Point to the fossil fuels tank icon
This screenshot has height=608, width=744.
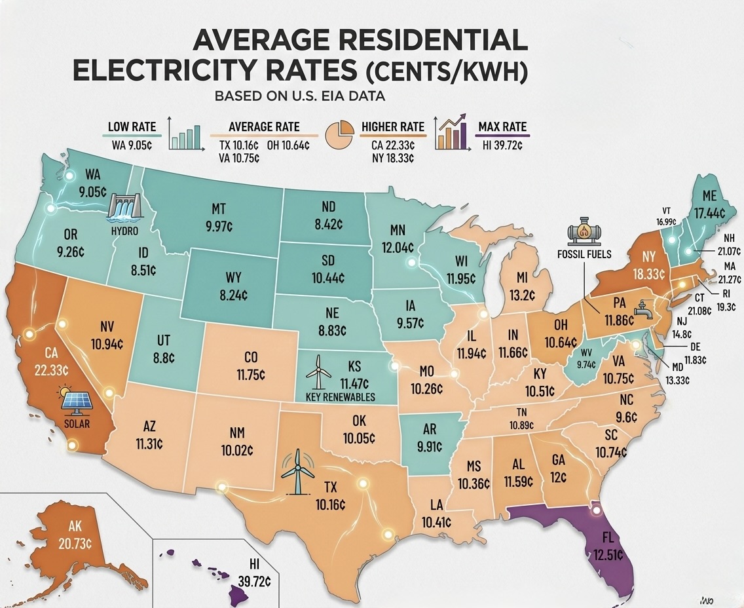tap(583, 233)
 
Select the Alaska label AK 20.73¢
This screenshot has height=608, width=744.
tap(75, 535)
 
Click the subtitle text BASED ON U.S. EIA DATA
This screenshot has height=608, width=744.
tap(300, 96)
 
